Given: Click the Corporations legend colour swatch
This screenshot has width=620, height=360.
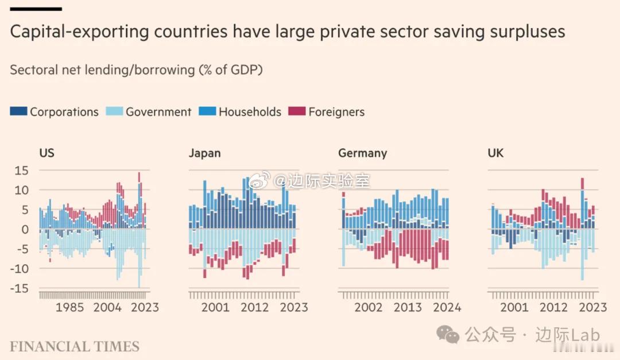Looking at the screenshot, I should click(x=18, y=112).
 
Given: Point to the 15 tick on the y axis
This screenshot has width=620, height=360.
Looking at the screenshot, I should click(x=21, y=171).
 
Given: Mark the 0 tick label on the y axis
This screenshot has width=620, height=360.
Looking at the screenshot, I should click(x=25, y=230).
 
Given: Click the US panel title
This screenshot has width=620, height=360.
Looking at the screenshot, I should click(x=47, y=153).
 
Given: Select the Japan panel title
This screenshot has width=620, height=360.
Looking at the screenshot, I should click(x=204, y=153).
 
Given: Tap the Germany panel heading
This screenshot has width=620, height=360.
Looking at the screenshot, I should click(x=362, y=153).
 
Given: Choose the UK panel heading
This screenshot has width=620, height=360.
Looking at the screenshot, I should click(x=495, y=153).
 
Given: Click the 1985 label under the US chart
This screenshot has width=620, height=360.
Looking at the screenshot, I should click(x=69, y=308).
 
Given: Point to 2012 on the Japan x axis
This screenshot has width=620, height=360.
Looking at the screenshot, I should click(x=255, y=308).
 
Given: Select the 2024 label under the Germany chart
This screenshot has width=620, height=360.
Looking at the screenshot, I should click(x=447, y=308).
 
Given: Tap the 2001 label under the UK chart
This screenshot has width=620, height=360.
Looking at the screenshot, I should click(x=514, y=308).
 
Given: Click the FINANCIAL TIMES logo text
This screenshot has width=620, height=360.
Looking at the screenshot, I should click(x=75, y=347).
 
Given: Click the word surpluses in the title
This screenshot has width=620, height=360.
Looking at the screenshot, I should click(x=528, y=32).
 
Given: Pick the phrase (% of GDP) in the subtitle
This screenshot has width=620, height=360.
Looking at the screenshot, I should click(x=231, y=70).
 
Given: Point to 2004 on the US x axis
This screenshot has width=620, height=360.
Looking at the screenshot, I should click(x=107, y=308).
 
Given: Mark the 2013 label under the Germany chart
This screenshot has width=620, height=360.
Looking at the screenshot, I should click(x=408, y=308).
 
